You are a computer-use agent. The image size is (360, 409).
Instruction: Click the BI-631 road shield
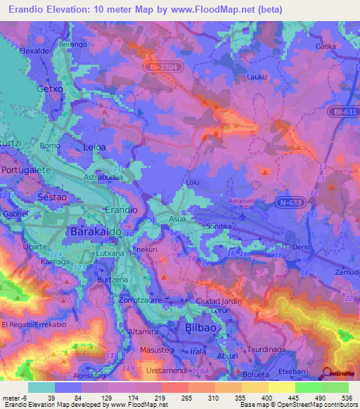[x=343, y=111]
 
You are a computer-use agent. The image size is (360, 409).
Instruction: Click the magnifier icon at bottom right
[x=327, y=373]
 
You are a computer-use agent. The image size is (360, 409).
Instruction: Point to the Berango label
[x=73, y=44]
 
